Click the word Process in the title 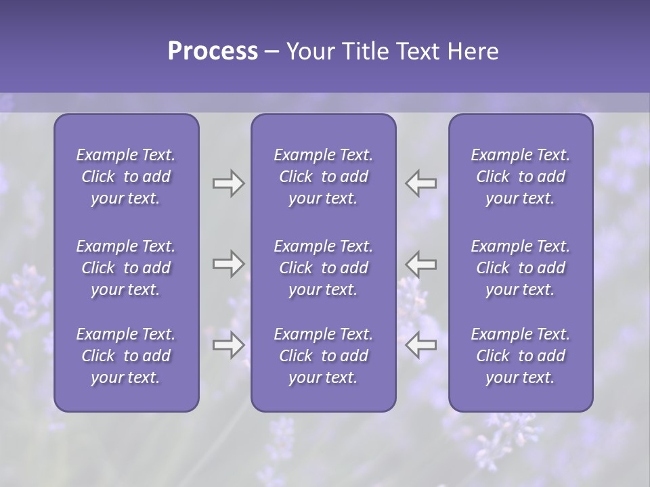[213, 51]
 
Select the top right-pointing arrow [228, 183]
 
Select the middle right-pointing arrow [228, 264]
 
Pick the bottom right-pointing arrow [228, 345]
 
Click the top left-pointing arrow [421, 183]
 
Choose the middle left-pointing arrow [421, 264]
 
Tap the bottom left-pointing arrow [421, 345]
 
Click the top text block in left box [126, 177]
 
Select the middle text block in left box [126, 268]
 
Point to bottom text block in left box [126, 356]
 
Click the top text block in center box [323, 177]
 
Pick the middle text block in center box [323, 268]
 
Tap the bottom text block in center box [323, 356]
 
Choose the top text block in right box [520, 177]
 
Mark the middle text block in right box [520, 268]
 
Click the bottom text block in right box [520, 356]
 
